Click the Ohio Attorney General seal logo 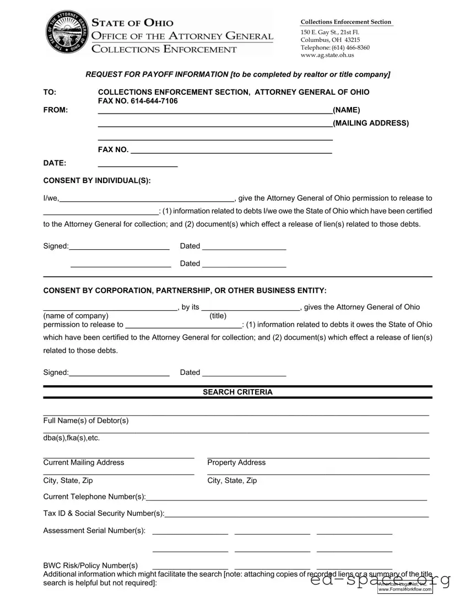pos(66,32)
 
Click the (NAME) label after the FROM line pos(347,110)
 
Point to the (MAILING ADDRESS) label pos(371,123)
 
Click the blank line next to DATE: pos(137,165)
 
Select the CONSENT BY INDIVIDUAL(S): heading pos(96,181)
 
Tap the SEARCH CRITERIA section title pos(237,392)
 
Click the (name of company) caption pos(75,316)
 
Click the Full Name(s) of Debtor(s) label pos(86,421)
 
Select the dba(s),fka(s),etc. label pos(72,438)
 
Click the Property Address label pos(236,463)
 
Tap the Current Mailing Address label pos(84,463)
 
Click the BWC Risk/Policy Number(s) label pos(90,566)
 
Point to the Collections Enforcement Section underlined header pos(345,22)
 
